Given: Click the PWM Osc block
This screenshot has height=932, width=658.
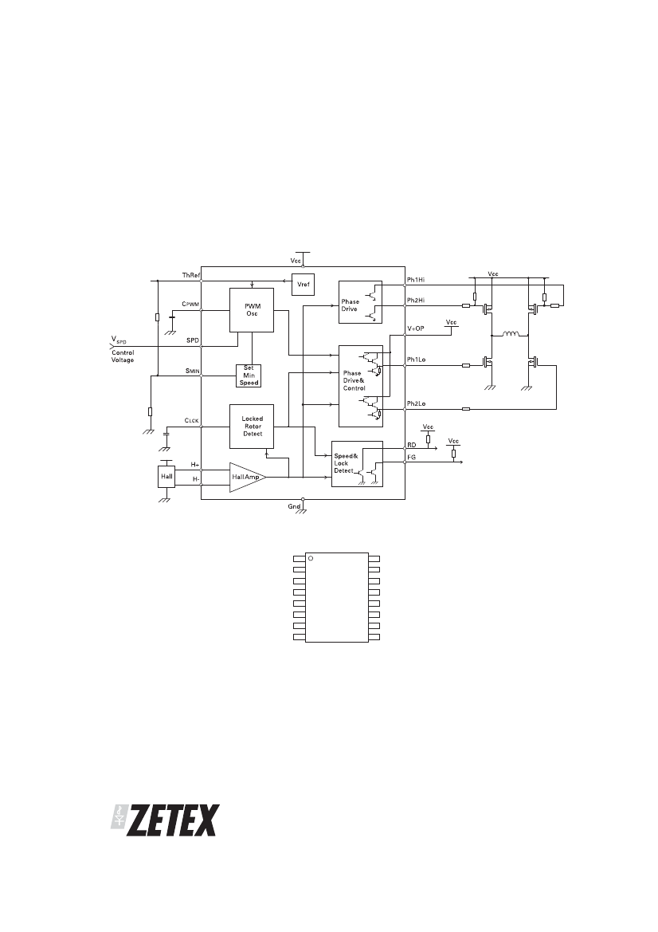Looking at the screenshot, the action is [252, 310].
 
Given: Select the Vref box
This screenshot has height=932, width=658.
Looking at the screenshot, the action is [303, 285].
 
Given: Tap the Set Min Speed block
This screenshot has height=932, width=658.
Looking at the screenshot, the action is [249, 376].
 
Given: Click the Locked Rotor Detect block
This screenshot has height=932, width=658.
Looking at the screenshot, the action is [252, 427].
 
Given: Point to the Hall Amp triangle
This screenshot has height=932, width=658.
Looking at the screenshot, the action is [246, 478].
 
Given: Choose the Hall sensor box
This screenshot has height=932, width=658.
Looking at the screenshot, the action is [166, 477].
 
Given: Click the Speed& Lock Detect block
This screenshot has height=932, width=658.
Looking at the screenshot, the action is [357, 464].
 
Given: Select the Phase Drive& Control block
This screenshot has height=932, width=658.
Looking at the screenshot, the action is [361, 386].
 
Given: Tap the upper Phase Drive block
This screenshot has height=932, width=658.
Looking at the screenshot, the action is [361, 302].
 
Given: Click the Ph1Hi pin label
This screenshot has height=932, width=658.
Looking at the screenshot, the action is [416, 280].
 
